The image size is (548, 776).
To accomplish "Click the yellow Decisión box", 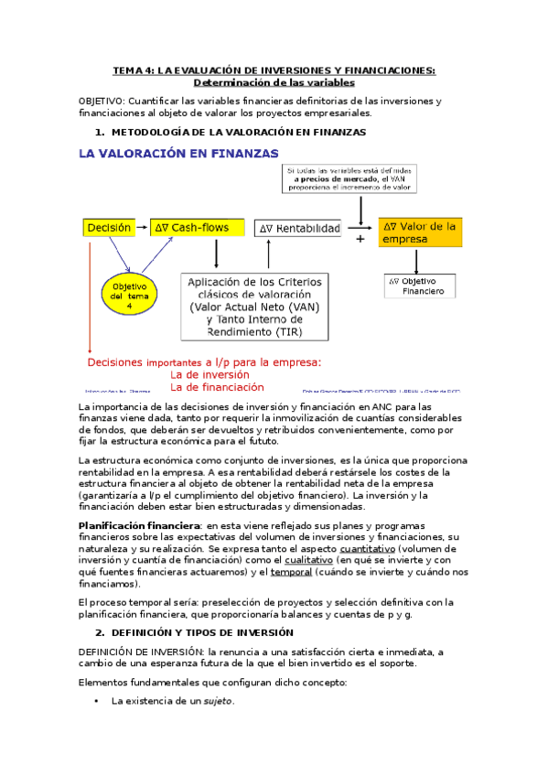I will point(109,227).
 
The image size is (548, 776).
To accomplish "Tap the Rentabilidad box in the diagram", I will point(299,228).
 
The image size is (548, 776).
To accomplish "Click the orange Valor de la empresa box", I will point(421,232).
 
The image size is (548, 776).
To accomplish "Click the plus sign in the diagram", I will point(360,239).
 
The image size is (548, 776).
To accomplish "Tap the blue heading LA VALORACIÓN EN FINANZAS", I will point(178,155).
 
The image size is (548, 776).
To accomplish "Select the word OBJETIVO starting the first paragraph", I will point(102,100).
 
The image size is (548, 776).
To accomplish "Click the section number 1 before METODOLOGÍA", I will point(99,133).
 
